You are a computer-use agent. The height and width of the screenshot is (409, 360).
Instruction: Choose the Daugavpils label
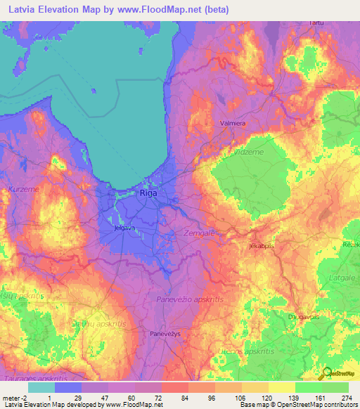tap(303, 317)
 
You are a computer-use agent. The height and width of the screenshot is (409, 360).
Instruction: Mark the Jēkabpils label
tap(261, 247)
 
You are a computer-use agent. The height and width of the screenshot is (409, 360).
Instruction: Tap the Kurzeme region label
tap(23, 190)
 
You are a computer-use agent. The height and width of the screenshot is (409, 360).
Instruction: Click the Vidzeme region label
tap(247, 152)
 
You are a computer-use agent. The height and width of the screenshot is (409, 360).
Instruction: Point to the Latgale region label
tap(342, 279)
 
